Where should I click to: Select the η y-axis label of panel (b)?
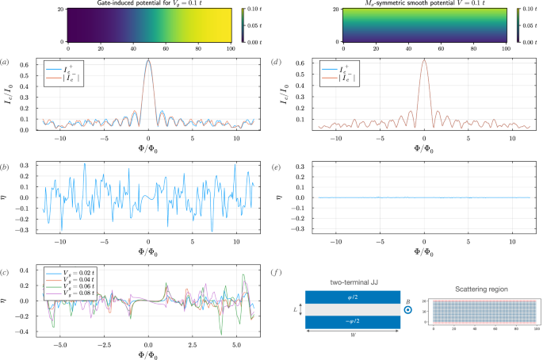click(12, 197)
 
